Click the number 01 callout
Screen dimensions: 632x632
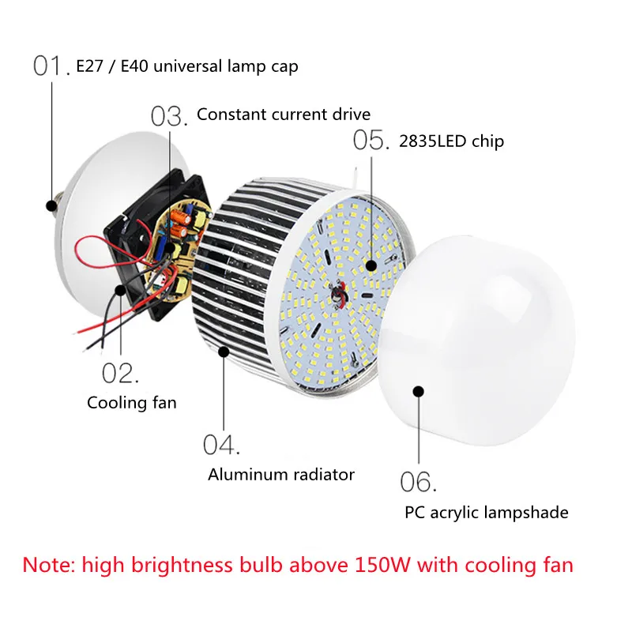click(51, 66)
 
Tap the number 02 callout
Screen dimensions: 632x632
click(120, 373)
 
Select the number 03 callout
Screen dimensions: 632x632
click(169, 117)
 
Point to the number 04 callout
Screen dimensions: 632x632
click(221, 445)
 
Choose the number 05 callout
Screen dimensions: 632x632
click(371, 141)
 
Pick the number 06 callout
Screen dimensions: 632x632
click(418, 482)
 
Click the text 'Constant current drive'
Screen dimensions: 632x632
click(284, 115)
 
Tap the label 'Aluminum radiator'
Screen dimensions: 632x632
click(281, 475)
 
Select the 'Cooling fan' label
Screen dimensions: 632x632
click(132, 403)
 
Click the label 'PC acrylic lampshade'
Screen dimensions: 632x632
click(487, 513)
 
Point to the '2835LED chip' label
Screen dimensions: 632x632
click(451, 141)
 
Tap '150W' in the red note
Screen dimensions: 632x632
click(382, 565)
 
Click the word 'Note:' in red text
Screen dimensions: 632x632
click(49, 565)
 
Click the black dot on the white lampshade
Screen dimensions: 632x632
click(419, 391)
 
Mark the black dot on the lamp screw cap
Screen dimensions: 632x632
click(51, 205)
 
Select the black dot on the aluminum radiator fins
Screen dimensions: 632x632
click(224, 352)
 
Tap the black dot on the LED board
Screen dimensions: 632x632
click(371, 265)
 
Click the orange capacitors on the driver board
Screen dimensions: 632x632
click(180, 224)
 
